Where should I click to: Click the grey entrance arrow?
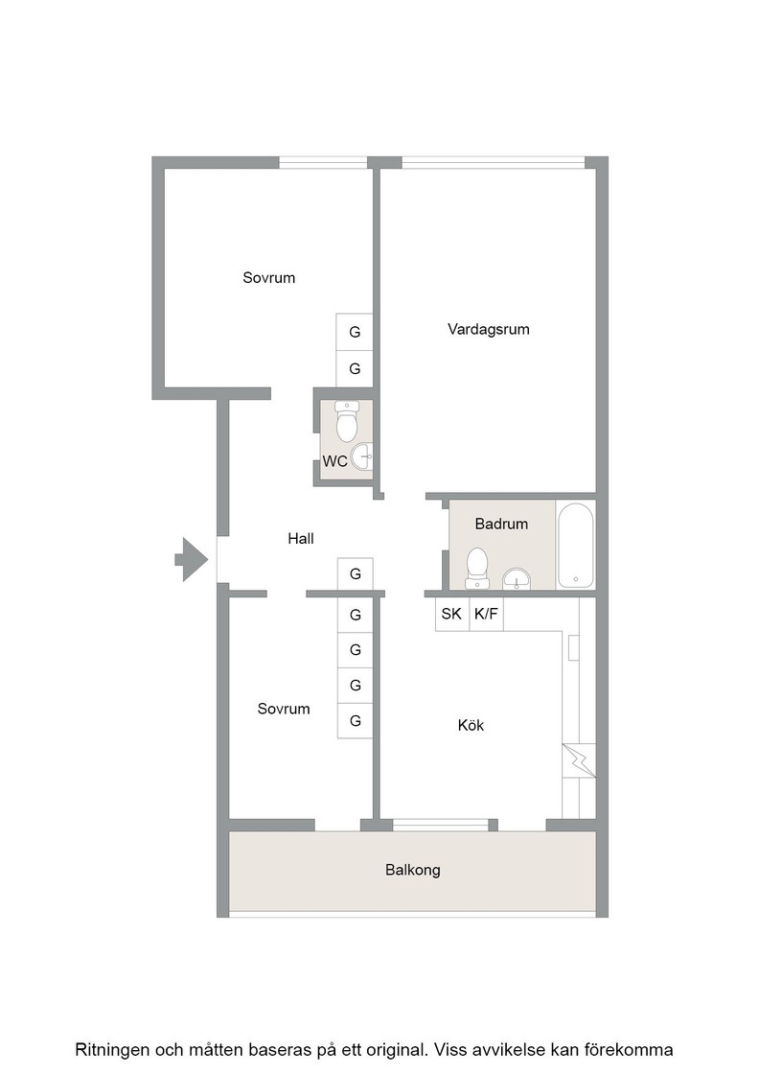coord(192,560)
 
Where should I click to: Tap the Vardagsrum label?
coord(489,330)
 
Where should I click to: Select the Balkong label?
coord(413,870)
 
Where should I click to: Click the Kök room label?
coord(471,725)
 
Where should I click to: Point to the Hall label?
coord(301,538)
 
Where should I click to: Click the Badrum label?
coord(501,524)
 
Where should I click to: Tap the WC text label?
coord(334,461)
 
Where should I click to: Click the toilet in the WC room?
coord(347,421)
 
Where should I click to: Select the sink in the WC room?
coord(362,456)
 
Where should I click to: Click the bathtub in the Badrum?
coord(576,546)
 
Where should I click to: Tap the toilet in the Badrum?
coord(477,569)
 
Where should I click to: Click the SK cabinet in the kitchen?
coord(451,614)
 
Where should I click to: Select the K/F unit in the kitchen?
coord(486,614)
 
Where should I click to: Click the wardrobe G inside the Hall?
coord(356,573)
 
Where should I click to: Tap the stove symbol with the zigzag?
coord(579,760)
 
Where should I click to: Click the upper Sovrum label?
coord(269,278)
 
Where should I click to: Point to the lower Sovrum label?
coord(284,709)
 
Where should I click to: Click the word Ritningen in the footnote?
coord(111,1050)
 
